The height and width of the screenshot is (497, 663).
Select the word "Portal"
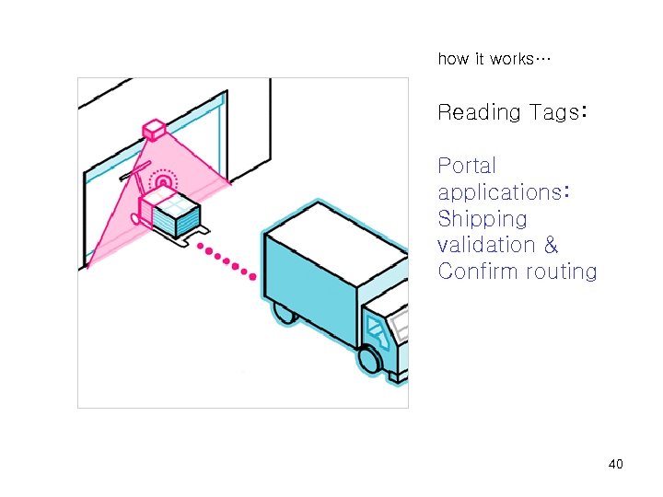467,166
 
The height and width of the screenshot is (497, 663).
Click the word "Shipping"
483,219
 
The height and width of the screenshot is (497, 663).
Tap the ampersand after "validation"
551,245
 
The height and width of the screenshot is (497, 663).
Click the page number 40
616,464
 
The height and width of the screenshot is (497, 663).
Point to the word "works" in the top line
510,59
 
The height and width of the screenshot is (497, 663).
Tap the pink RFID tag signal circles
163,182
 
